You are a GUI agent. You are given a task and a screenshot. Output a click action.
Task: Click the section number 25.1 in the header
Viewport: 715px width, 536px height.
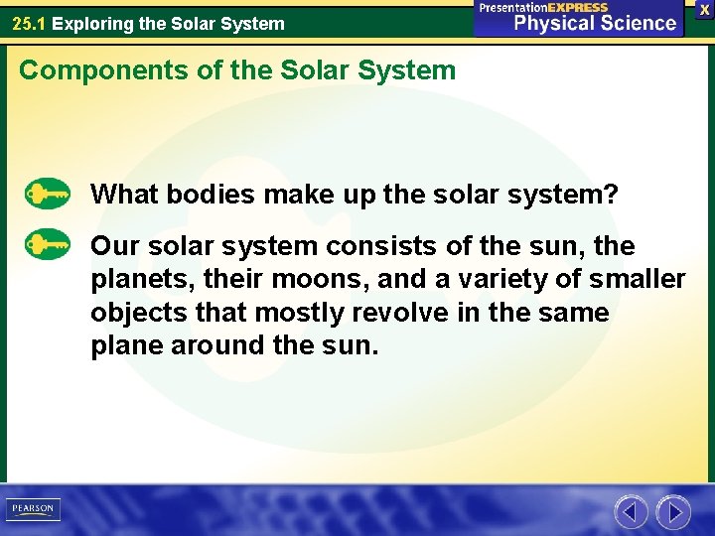pos(29,23)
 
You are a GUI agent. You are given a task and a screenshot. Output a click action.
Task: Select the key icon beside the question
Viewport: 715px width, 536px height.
pos(47,193)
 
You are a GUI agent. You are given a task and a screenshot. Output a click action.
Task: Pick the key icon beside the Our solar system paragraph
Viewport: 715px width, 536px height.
pos(47,244)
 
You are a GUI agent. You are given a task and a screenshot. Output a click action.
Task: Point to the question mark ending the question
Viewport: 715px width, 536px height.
pos(610,194)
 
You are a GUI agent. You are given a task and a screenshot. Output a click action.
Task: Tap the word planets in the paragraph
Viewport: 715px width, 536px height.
pos(135,280)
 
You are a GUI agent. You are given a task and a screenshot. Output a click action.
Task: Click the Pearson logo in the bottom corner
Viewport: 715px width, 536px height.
pos(32,508)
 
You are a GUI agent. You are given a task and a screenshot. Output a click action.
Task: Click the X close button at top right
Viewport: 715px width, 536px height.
pos(704,8)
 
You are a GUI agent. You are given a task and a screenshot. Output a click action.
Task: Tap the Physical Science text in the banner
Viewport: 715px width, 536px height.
pos(594,23)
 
